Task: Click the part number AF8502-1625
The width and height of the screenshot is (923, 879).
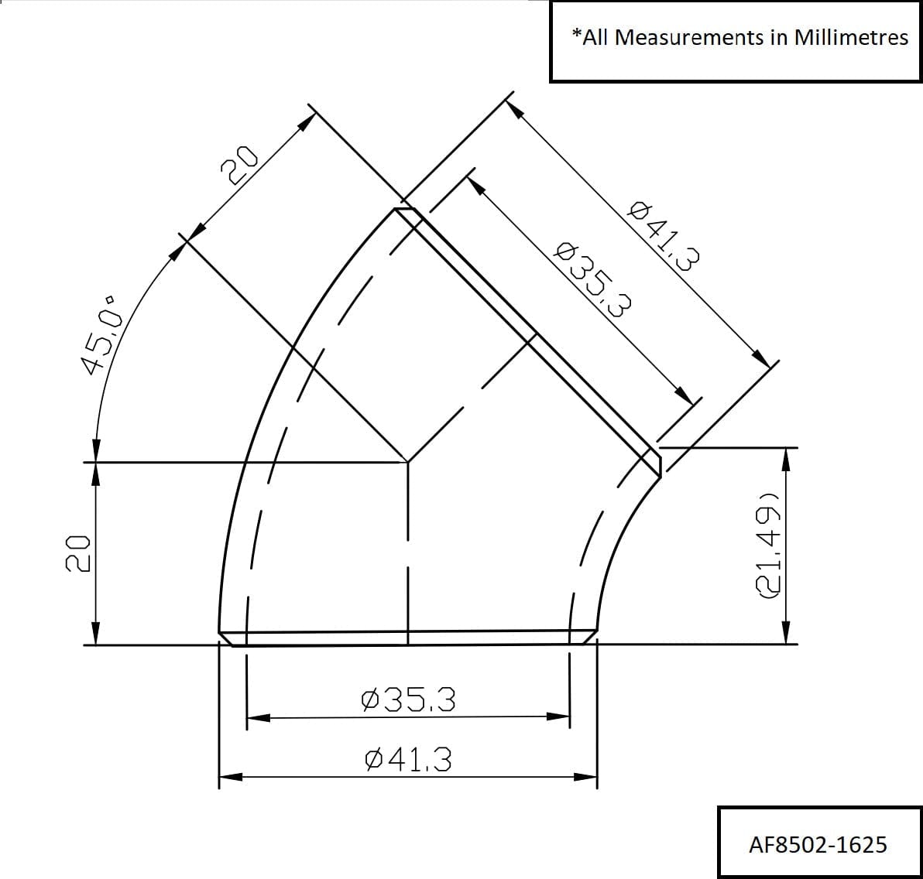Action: tap(817, 843)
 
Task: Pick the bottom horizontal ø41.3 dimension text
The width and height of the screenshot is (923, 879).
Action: tap(408, 760)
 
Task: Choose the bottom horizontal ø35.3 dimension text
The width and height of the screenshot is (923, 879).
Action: tap(408, 700)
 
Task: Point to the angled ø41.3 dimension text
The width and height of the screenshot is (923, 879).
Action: tap(664, 234)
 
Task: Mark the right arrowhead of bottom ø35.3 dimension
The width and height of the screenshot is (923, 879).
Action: tap(559, 717)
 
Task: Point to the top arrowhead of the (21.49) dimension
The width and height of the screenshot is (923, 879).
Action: tap(786, 458)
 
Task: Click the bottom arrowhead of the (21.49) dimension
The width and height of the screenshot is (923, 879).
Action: tap(786, 634)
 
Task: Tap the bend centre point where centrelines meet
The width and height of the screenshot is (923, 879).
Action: tap(408, 462)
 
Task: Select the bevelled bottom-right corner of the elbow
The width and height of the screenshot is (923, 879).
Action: tap(589, 638)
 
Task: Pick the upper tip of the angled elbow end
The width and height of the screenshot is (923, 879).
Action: tap(404, 209)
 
